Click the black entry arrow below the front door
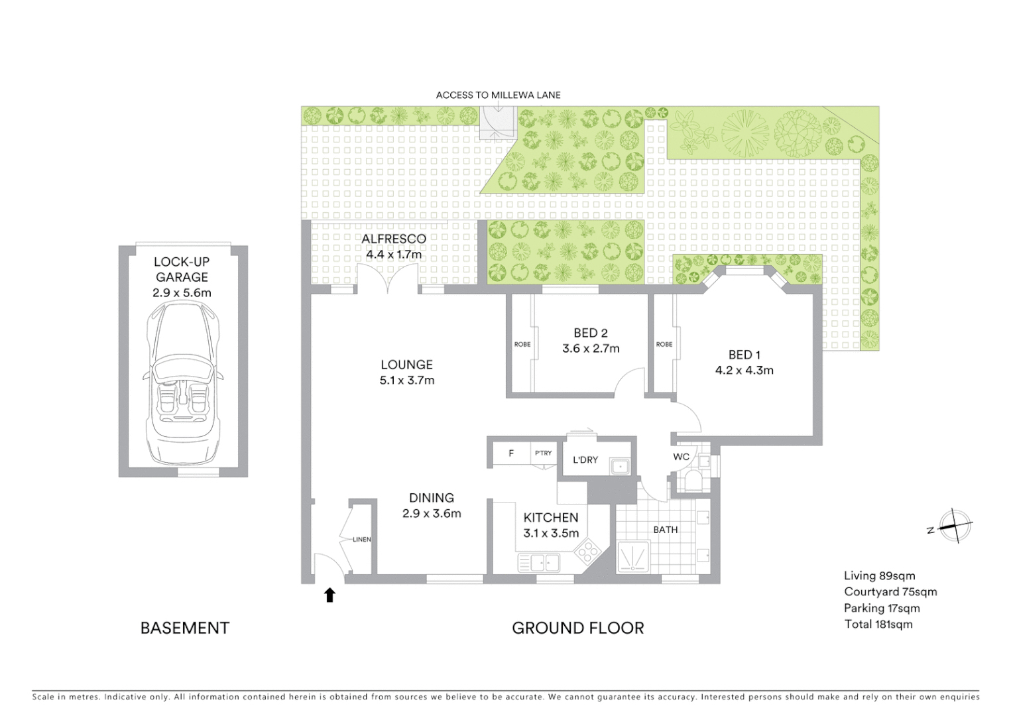(329, 595)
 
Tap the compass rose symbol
(955, 526)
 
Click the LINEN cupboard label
(362, 539)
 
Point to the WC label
(681, 457)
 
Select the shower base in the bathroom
(633, 557)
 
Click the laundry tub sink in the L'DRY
(620, 466)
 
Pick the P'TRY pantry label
(543, 453)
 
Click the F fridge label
(512, 453)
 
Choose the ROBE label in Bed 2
(522, 344)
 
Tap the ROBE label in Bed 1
(664, 344)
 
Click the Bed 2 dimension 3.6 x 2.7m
(591, 349)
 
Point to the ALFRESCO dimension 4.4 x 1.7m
(393, 255)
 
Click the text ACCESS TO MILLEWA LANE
(498, 95)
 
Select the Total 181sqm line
(878, 625)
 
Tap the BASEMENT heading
(185, 628)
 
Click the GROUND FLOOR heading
(577, 628)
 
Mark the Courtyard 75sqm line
(890, 592)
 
